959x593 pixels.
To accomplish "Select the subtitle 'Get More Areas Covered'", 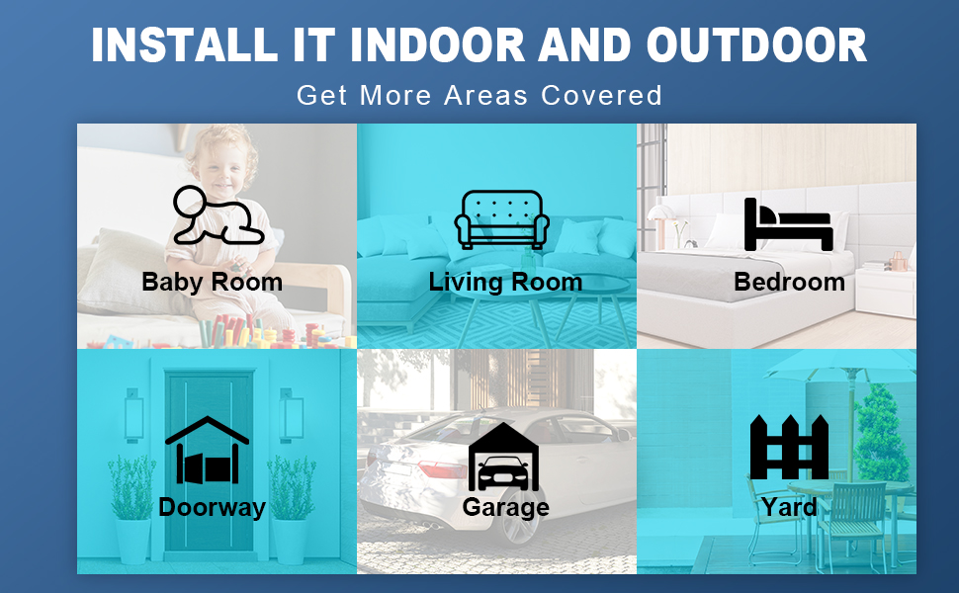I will [479, 96].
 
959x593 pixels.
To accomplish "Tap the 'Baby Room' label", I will [212, 283].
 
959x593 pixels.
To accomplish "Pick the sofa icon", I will [501, 219].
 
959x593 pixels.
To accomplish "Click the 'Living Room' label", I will [505, 283].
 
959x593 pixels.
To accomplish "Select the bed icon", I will [788, 224].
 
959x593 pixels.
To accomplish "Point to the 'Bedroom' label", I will [789, 283].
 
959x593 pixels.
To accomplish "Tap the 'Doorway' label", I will [212, 508].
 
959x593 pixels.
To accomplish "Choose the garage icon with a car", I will [504, 457].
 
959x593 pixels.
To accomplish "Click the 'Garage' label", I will [505, 508].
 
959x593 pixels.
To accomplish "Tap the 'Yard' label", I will [789, 508].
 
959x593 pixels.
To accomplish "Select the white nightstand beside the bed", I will [884, 293].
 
